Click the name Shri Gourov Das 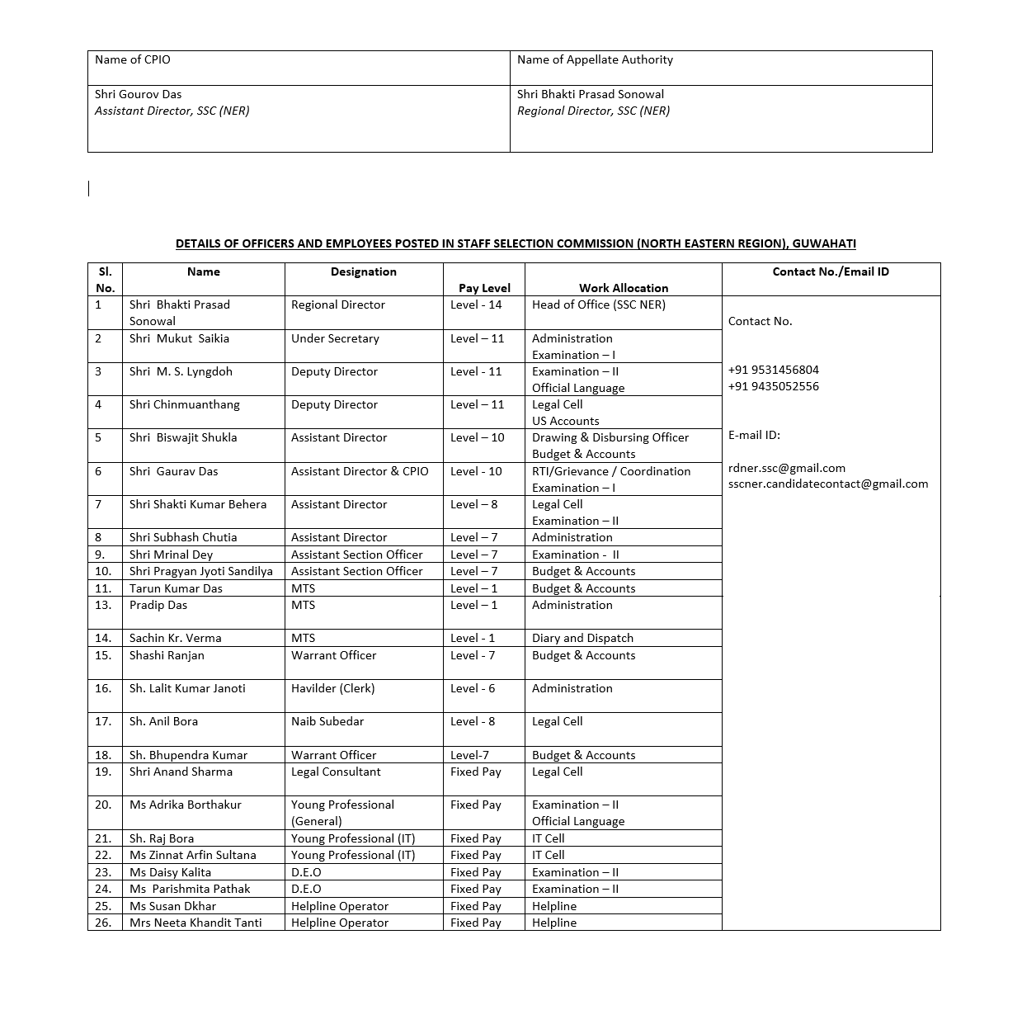pyautogui.click(x=138, y=94)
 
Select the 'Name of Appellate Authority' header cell pyautogui.click(x=595, y=59)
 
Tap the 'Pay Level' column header pyautogui.click(x=484, y=288)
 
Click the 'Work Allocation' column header pyautogui.click(x=623, y=288)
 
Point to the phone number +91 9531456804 pyautogui.click(x=773, y=370)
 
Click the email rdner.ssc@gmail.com pyautogui.click(x=786, y=468)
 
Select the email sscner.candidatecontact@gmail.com pyautogui.click(x=828, y=484)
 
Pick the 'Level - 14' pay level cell pyautogui.click(x=476, y=304)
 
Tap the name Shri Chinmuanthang pyautogui.click(x=184, y=404)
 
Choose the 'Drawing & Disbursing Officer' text pyautogui.click(x=610, y=437)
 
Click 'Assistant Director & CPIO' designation pyautogui.click(x=360, y=471)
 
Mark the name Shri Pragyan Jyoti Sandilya pyautogui.click(x=200, y=571)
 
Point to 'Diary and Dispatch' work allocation pyautogui.click(x=582, y=638)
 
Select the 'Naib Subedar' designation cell pyautogui.click(x=328, y=721)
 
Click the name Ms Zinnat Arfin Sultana pyautogui.click(x=192, y=855)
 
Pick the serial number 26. pyautogui.click(x=103, y=923)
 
